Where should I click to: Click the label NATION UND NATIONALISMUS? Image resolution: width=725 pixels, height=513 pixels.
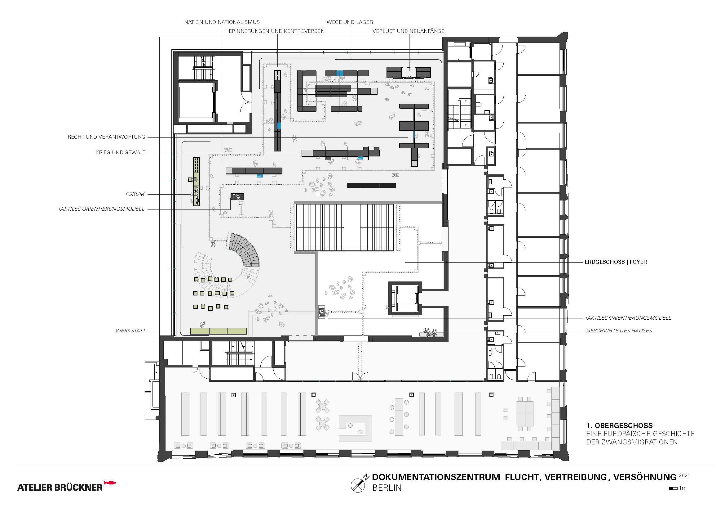click(x=222, y=22)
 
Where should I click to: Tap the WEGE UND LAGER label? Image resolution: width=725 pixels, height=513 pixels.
click(x=350, y=22)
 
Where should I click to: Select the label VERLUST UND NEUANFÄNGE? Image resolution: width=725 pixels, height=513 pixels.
click(x=408, y=31)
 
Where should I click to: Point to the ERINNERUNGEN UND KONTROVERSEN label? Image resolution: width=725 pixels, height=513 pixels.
click(x=276, y=31)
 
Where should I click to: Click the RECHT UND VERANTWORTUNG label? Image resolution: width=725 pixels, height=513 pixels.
click(x=106, y=137)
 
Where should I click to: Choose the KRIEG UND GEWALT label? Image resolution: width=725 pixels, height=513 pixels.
click(x=120, y=152)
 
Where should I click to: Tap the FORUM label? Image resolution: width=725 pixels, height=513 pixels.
click(x=135, y=194)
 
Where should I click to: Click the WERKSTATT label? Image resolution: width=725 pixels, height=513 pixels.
click(x=130, y=331)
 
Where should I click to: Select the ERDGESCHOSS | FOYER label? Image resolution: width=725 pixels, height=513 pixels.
click(x=616, y=262)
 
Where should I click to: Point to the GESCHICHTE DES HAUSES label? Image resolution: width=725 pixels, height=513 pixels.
click(x=619, y=331)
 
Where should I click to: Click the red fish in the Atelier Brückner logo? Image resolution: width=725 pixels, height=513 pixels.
click(x=110, y=483)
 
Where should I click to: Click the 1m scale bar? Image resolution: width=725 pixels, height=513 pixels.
click(x=673, y=488)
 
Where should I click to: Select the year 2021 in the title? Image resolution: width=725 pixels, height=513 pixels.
click(x=684, y=475)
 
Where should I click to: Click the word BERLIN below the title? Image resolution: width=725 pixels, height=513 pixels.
click(x=387, y=488)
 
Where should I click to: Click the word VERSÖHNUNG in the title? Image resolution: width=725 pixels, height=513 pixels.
click(x=644, y=477)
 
